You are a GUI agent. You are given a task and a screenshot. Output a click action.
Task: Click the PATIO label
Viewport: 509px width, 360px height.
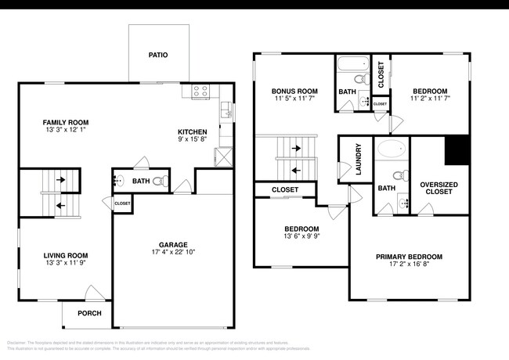pyautogui.click(x=158, y=56)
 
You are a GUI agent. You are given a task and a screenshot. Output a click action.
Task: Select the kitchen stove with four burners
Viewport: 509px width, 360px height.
pyautogui.click(x=200, y=91)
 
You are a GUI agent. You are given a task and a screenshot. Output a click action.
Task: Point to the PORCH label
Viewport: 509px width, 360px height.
pyautogui.click(x=88, y=313)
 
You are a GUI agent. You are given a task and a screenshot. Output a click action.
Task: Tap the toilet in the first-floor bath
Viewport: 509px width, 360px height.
pyautogui.click(x=159, y=182)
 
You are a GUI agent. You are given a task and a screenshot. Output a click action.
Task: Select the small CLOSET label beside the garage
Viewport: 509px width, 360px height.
pyautogui.click(x=122, y=203)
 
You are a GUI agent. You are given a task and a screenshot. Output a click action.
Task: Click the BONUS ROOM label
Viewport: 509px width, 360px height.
pyautogui.click(x=294, y=91)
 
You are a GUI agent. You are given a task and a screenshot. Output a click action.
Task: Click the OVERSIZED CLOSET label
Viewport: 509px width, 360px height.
pyautogui.click(x=439, y=187)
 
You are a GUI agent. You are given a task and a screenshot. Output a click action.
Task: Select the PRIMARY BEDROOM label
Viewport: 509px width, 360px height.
pyautogui.click(x=409, y=257)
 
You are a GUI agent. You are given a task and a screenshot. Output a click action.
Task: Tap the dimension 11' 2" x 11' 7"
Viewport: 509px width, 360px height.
pyautogui.click(x=430, y=99)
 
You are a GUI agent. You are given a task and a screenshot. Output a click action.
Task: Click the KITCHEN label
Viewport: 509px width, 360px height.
pyautogui.click(x=192, y=131)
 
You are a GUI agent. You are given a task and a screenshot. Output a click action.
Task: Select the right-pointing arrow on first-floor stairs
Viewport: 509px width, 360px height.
pyautogui.click(x=60, y=178)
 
